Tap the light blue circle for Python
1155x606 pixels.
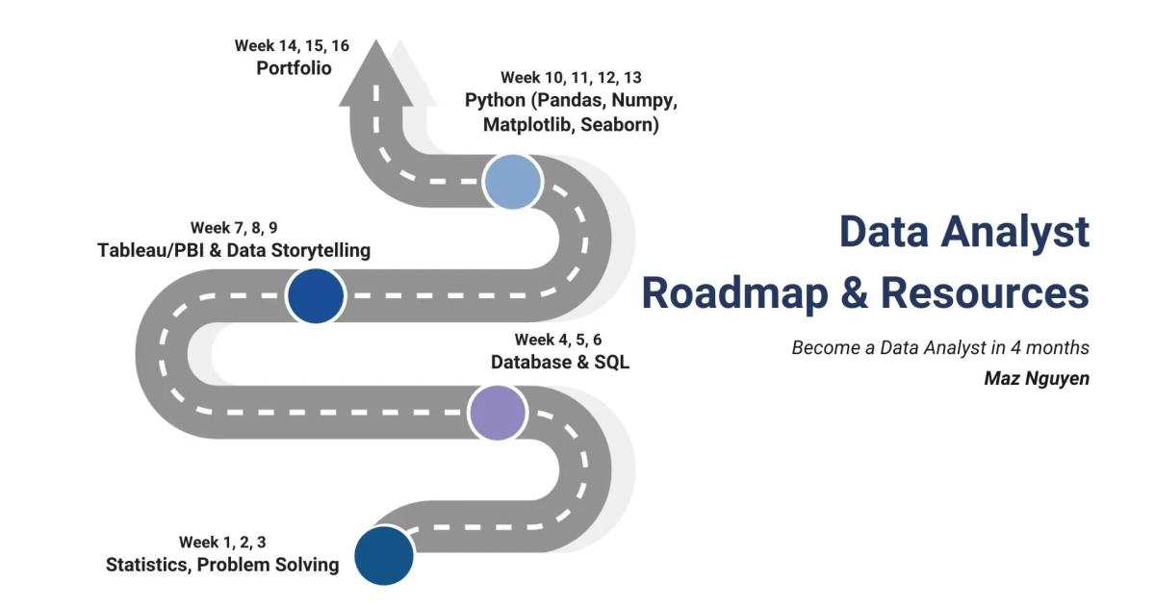click(513, 182)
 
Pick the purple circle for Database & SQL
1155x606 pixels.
click(498, 412)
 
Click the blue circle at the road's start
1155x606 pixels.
click(384, 555)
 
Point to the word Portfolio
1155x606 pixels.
click(294, 68)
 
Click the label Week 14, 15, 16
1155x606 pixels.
click(292, 45)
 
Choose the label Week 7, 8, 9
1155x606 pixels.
click(234, 228)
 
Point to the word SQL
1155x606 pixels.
click(611, 363)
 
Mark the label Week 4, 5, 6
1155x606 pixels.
click(558, 340)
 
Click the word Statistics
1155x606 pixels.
click(148, 565)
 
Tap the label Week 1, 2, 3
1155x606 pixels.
click(222, 543)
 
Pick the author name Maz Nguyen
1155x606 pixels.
click(1037, 378)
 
